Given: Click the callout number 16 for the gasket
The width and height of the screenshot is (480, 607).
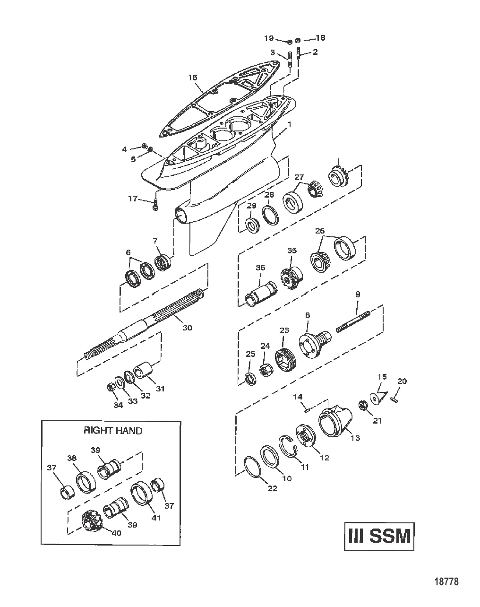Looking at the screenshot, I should (192, 77).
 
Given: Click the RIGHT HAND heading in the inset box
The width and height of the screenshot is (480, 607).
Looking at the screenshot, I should (112, 431).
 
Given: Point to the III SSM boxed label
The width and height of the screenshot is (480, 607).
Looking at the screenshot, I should (379, 537).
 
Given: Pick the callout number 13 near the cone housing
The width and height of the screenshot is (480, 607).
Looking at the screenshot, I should (355, 438).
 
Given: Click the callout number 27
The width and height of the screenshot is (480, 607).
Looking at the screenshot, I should (299, 177).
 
